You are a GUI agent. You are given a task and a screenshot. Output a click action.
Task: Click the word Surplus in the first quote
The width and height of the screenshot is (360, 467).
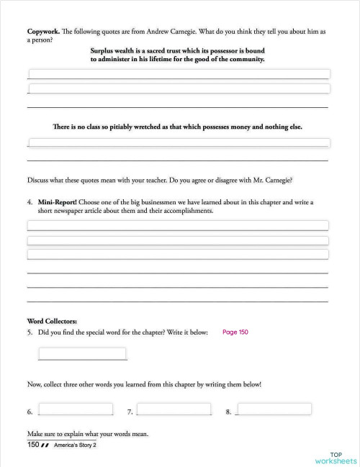click(105, 50)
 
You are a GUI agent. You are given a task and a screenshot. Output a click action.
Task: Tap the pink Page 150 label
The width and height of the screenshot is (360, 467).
click(235, 332)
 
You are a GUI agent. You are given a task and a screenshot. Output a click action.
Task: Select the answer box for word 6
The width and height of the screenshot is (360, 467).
click(76, 409)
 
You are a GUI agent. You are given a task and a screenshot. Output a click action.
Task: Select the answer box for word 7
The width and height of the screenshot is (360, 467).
click(174, 409)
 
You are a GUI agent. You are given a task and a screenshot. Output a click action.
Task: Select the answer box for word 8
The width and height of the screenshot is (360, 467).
click(274, 409)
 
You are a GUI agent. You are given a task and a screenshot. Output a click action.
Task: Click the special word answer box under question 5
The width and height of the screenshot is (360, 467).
click(82, 353)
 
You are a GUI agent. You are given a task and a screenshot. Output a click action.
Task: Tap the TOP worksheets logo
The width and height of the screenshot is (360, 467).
click(336, 458)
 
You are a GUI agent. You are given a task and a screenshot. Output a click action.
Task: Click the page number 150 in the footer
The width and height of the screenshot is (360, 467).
click(33, 445)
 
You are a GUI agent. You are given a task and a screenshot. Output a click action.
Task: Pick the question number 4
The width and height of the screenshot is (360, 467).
click(30, 203)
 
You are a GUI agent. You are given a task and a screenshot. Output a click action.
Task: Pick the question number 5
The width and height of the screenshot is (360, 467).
click(30, 332)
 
